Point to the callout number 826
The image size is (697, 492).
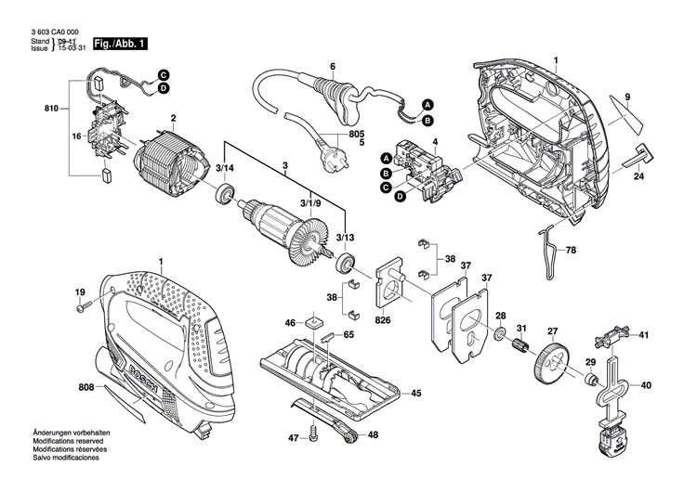pyautogui.click(x=381, y=320)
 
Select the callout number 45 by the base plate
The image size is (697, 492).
pyautogui.click(x=415, y=394)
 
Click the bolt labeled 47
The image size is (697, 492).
pyautogui.click(x=317, y=432)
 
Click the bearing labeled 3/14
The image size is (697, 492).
pyautogui.click(x=223, y=195)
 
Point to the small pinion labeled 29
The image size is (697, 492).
pyautogui.click(x=590, y=380)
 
